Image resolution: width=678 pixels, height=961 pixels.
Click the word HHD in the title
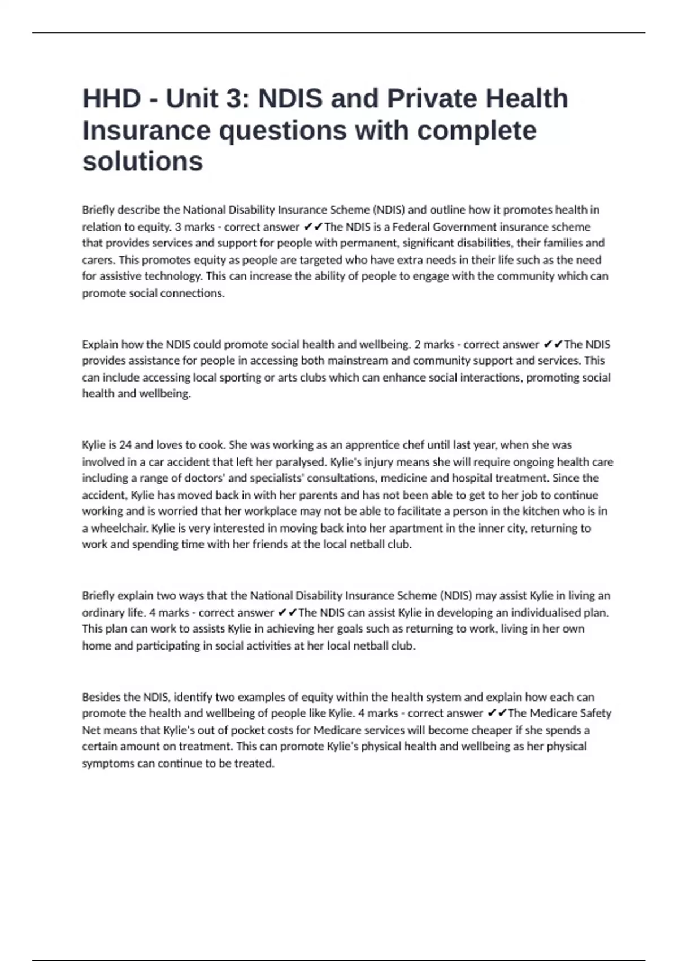pyautogui.click(x=111, y=98)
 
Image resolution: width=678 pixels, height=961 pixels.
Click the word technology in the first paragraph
pyautogui.click(x=173, y=276)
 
